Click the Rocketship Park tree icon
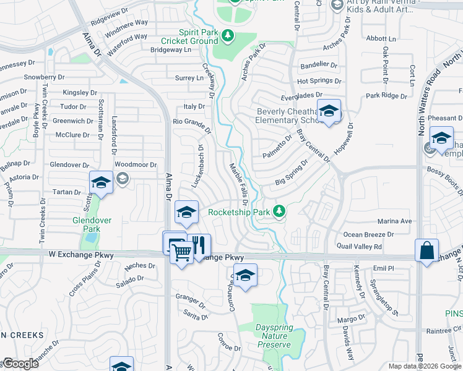[x=280, y=212]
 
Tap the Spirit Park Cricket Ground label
[x=189, y=36]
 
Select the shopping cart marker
[x=181, y=251]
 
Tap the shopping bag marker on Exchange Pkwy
[x=426, y=250]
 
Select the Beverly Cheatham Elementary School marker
[x=329, y=111]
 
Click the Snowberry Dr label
[x=44, y=77]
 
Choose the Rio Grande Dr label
[x=192, y=122]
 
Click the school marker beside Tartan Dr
[x=101, y=183]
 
